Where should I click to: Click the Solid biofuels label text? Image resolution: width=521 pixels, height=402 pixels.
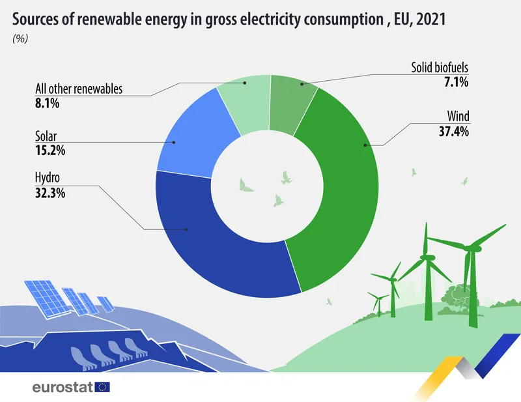440,67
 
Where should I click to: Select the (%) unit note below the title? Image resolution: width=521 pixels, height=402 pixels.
20,38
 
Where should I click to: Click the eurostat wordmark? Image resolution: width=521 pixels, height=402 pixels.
63,387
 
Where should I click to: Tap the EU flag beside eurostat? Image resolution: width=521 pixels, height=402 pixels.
103,387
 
